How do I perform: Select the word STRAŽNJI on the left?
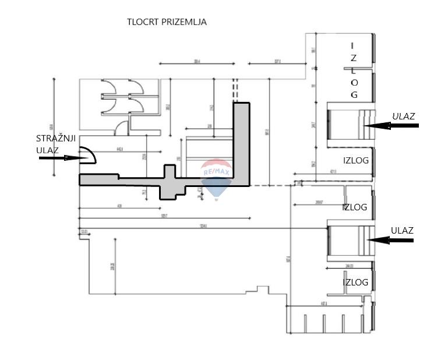55,139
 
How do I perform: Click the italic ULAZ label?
403,116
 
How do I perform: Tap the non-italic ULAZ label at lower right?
402,231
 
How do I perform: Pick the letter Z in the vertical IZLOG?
353,58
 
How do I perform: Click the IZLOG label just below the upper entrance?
355,161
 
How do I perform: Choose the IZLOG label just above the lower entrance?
354,207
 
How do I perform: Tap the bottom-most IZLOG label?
355,283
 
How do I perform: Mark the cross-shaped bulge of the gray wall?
170,182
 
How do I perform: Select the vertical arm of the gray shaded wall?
242,140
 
